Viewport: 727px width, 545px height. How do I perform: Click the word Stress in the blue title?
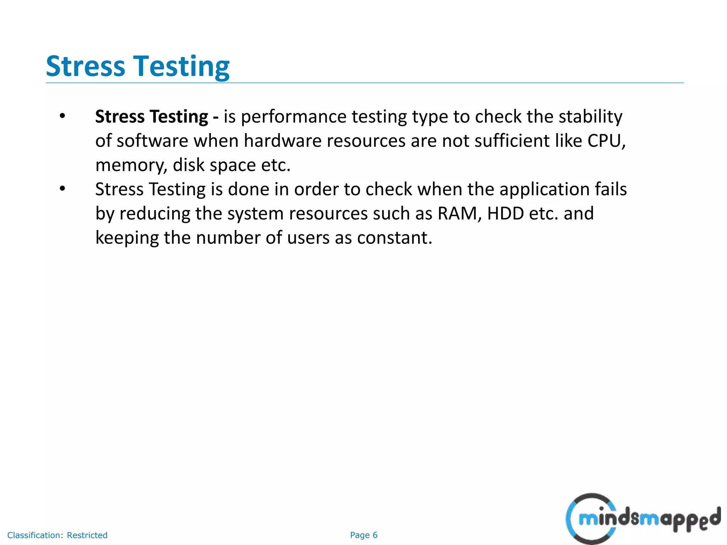(x=86, y=66)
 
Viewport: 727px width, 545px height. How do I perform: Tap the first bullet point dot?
(x=62, y=116)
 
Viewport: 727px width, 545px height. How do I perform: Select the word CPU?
(x=606, y=141)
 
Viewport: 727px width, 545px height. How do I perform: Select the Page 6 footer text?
(x=363, y=535)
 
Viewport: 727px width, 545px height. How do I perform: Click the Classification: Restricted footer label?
(x=58, y=535)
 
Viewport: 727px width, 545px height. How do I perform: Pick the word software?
(x=152, y=141)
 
